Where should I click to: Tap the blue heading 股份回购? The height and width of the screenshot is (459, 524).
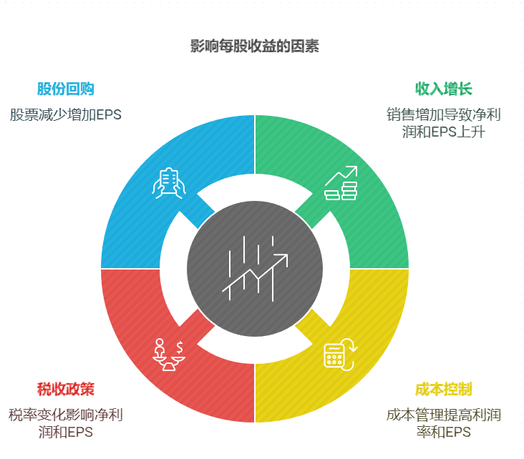[x=66, y=89]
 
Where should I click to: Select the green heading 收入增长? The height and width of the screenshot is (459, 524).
[x=444, y=89]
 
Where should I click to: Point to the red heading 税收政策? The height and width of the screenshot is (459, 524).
[x=66, y=390]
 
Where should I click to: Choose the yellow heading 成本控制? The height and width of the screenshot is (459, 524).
[x=444, y=390]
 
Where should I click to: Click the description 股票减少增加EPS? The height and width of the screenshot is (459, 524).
[x=66, y=114]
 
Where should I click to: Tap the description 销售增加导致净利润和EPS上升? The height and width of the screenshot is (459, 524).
[x=444, y=123]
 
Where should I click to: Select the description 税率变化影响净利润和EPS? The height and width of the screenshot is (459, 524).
[x=66, y=423]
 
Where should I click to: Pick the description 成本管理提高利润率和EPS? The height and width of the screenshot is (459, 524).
[x=444, y=423]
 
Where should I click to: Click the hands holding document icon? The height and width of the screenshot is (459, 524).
[x=169, y=183]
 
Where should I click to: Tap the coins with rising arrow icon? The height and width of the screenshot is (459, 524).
[x=341, y=183]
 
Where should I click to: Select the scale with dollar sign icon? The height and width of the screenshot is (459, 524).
[x=169, y=354]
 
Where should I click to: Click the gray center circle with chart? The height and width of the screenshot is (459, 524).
[x=255, y=268]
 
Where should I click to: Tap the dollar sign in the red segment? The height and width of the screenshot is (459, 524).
[x=179, y=347]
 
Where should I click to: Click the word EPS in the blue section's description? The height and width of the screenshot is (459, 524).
[x=109, y=114]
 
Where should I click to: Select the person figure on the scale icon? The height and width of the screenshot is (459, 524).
[x=160, y=346]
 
